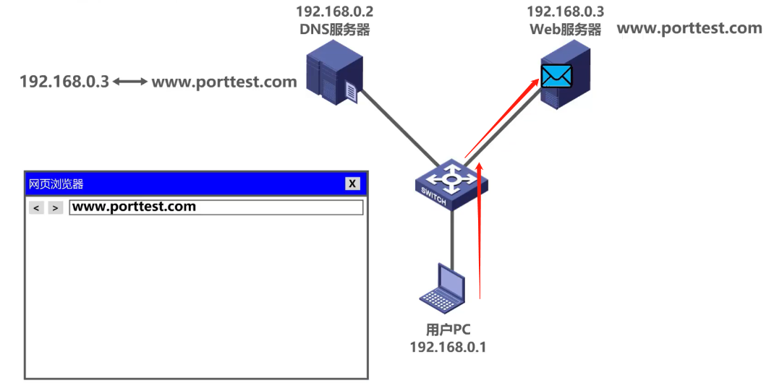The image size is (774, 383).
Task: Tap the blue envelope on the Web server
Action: tap(556, 76)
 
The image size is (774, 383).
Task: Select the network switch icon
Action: tap(450, 184)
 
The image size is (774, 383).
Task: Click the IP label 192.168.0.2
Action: tap(334, 12)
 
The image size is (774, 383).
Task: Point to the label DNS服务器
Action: tap(334, 30)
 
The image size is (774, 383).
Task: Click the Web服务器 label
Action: tap(565, 30)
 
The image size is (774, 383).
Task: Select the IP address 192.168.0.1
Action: tap(448, 348)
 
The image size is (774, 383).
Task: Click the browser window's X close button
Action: tap(352, 184)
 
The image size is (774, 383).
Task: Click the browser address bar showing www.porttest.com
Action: tap(216, 207)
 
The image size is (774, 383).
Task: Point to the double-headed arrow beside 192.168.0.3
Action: tap(130, 82)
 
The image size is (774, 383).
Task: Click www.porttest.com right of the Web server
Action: tap(689, 29)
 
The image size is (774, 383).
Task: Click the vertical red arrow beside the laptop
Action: tap(480, 231)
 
